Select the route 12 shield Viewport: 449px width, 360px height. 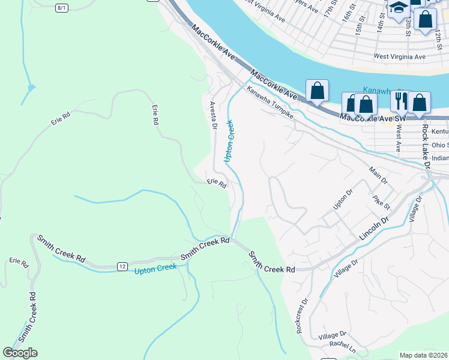point(122,266)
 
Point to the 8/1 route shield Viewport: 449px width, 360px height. point(61,8)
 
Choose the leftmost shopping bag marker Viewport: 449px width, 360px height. point(317,91)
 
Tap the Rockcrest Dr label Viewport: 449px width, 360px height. point(301,316)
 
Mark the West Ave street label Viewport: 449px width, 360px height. point(397,138)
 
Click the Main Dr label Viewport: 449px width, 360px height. point(380,177)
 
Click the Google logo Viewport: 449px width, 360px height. point(20,353)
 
